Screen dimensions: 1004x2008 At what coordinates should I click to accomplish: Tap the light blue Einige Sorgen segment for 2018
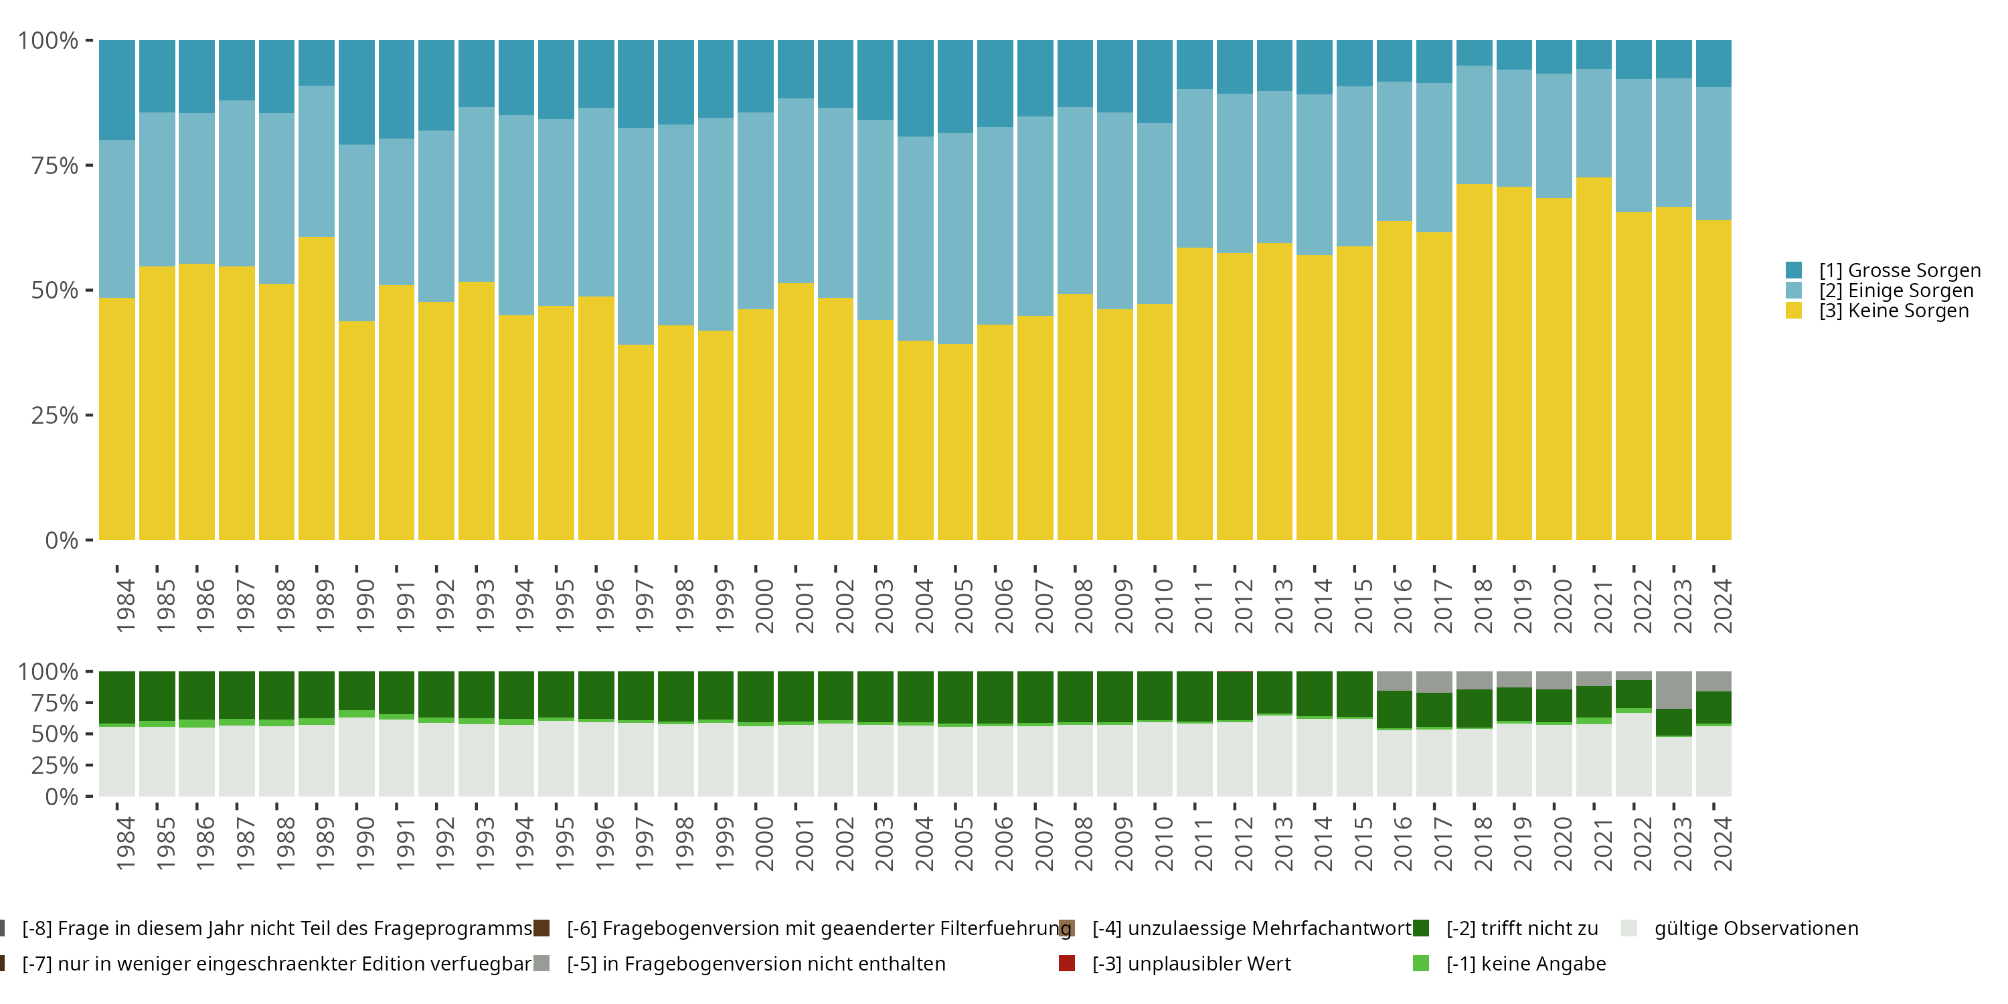pos(1474,124)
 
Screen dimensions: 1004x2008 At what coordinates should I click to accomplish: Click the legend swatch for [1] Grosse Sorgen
pos(1794,270)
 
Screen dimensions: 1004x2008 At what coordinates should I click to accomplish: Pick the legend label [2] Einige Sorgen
pos(1896,290)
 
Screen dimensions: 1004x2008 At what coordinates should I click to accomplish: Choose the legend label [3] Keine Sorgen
pos(1894,311)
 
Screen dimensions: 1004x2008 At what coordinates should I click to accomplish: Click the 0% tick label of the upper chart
pos(62,540)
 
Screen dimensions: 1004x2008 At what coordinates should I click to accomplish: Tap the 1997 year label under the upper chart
pos(644,606)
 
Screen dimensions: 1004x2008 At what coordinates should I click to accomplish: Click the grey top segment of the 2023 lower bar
pos(1673,689)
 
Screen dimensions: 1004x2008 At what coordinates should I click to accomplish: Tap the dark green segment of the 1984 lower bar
pos(117,697)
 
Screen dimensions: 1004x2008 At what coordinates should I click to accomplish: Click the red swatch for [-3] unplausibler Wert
pos(1067,963)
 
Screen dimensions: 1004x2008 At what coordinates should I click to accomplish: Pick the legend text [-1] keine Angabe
pos(1525,963)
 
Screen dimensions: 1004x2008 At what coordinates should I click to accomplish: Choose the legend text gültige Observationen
pos(1756,928)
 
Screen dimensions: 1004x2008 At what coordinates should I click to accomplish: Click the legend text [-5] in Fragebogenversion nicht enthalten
pos(756,963)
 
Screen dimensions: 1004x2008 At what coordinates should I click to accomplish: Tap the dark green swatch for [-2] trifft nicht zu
pos(1421,928)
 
